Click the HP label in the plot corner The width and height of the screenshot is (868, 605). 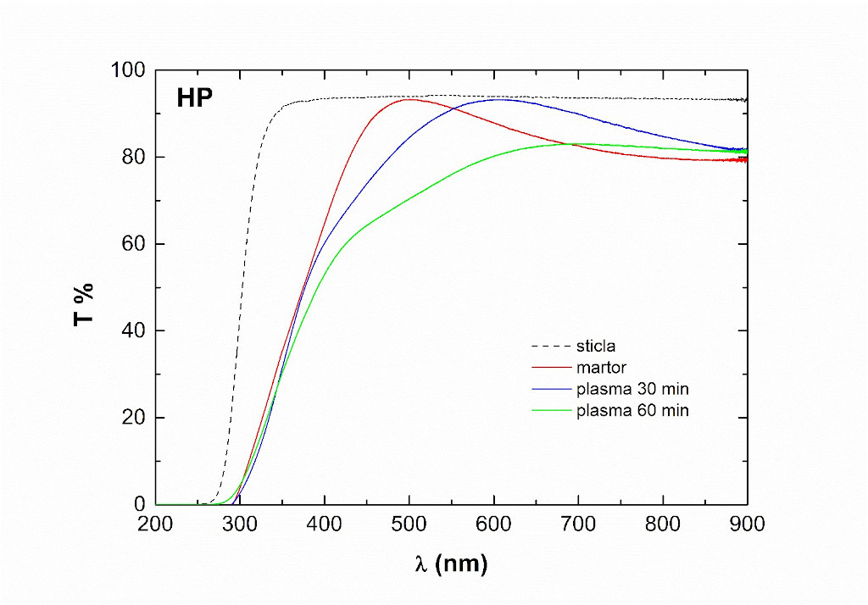[194, 98]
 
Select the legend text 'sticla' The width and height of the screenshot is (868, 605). [595, 347]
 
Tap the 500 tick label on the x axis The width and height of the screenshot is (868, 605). [409, 524]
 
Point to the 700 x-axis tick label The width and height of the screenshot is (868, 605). [578, 524]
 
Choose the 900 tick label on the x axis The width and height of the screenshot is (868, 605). [747, 524]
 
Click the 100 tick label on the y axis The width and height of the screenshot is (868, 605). [130, 70]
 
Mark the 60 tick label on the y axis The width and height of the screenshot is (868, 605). [136, 244]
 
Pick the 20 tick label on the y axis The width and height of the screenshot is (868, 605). [136, 418]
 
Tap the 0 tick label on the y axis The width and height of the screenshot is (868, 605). [141, 505]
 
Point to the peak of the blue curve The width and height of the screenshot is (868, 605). [514, 99]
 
